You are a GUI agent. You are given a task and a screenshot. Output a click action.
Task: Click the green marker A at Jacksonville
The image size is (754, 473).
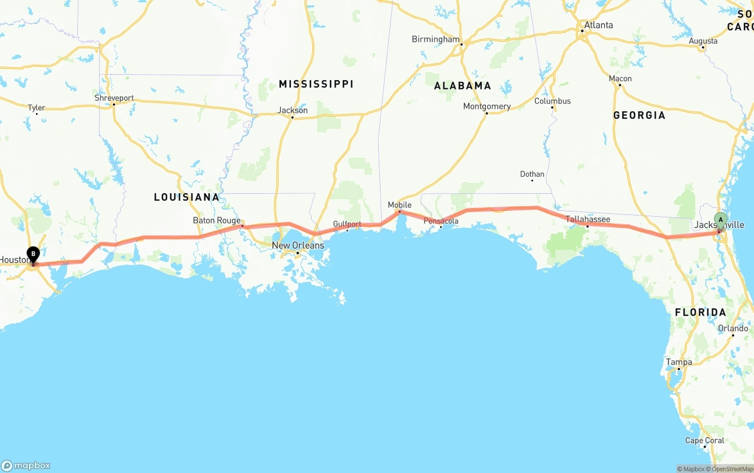pos(720,220)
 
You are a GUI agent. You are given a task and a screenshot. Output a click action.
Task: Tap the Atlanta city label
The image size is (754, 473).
pos(598,25)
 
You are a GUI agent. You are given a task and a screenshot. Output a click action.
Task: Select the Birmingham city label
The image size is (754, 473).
pos(435,39)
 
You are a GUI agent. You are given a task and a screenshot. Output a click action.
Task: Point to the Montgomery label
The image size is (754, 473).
pos(487,107)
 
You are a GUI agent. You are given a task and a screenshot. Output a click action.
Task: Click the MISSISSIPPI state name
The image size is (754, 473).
pos(316,84)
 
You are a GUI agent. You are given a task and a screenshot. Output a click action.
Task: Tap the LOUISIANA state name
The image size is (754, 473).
pos(186,197)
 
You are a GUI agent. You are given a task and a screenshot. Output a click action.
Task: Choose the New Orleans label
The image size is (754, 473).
pos(297,245)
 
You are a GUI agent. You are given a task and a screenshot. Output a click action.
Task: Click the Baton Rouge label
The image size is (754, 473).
pos(217,221)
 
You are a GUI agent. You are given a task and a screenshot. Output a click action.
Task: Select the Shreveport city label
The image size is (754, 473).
pos(114,98)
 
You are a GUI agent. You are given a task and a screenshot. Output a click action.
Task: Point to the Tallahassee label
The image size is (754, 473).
pos(588,219)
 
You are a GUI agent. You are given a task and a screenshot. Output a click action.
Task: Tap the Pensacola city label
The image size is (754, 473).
pos(441,221)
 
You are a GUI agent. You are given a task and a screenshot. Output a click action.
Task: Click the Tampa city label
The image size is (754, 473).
pos(679,362)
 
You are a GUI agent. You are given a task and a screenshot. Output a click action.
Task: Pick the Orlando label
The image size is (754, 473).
pos(733,328)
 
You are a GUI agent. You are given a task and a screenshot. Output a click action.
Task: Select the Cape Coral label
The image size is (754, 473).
pos(705,440)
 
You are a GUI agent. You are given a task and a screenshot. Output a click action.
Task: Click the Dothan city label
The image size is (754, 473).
pos(532,174)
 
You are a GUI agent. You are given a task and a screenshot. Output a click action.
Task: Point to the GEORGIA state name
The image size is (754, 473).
pos(639,115)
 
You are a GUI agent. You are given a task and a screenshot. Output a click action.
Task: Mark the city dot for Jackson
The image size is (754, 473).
pos(292,117)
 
